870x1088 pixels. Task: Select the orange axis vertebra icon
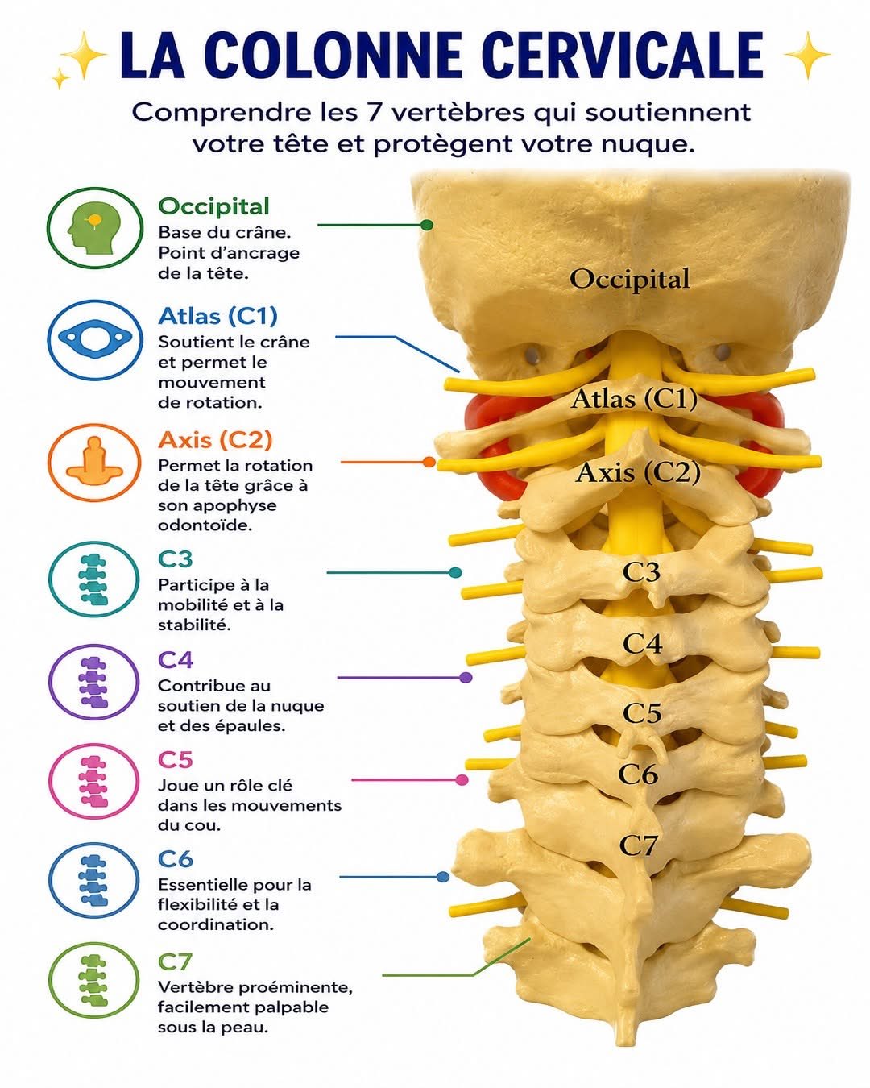(94, 461)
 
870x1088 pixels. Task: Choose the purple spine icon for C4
(94, 682)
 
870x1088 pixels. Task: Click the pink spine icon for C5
(94, 781)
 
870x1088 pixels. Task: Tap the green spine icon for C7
(94, 980)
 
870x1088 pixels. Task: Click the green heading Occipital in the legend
(213, 207)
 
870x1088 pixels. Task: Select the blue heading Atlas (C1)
(217, 317)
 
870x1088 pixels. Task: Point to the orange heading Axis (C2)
(215, 440)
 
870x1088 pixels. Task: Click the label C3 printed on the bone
(641, 572)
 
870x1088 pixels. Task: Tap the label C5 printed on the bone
(642, 713)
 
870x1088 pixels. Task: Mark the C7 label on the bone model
(638, 845)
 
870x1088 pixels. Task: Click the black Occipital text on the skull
(629, 279)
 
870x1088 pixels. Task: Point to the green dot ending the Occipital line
(427, 225)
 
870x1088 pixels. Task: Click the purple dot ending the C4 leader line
(466, 678)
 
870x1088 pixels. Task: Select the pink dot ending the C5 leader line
(462, 779)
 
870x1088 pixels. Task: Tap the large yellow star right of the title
(807, 55)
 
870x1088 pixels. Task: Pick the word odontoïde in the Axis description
(205, 525)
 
